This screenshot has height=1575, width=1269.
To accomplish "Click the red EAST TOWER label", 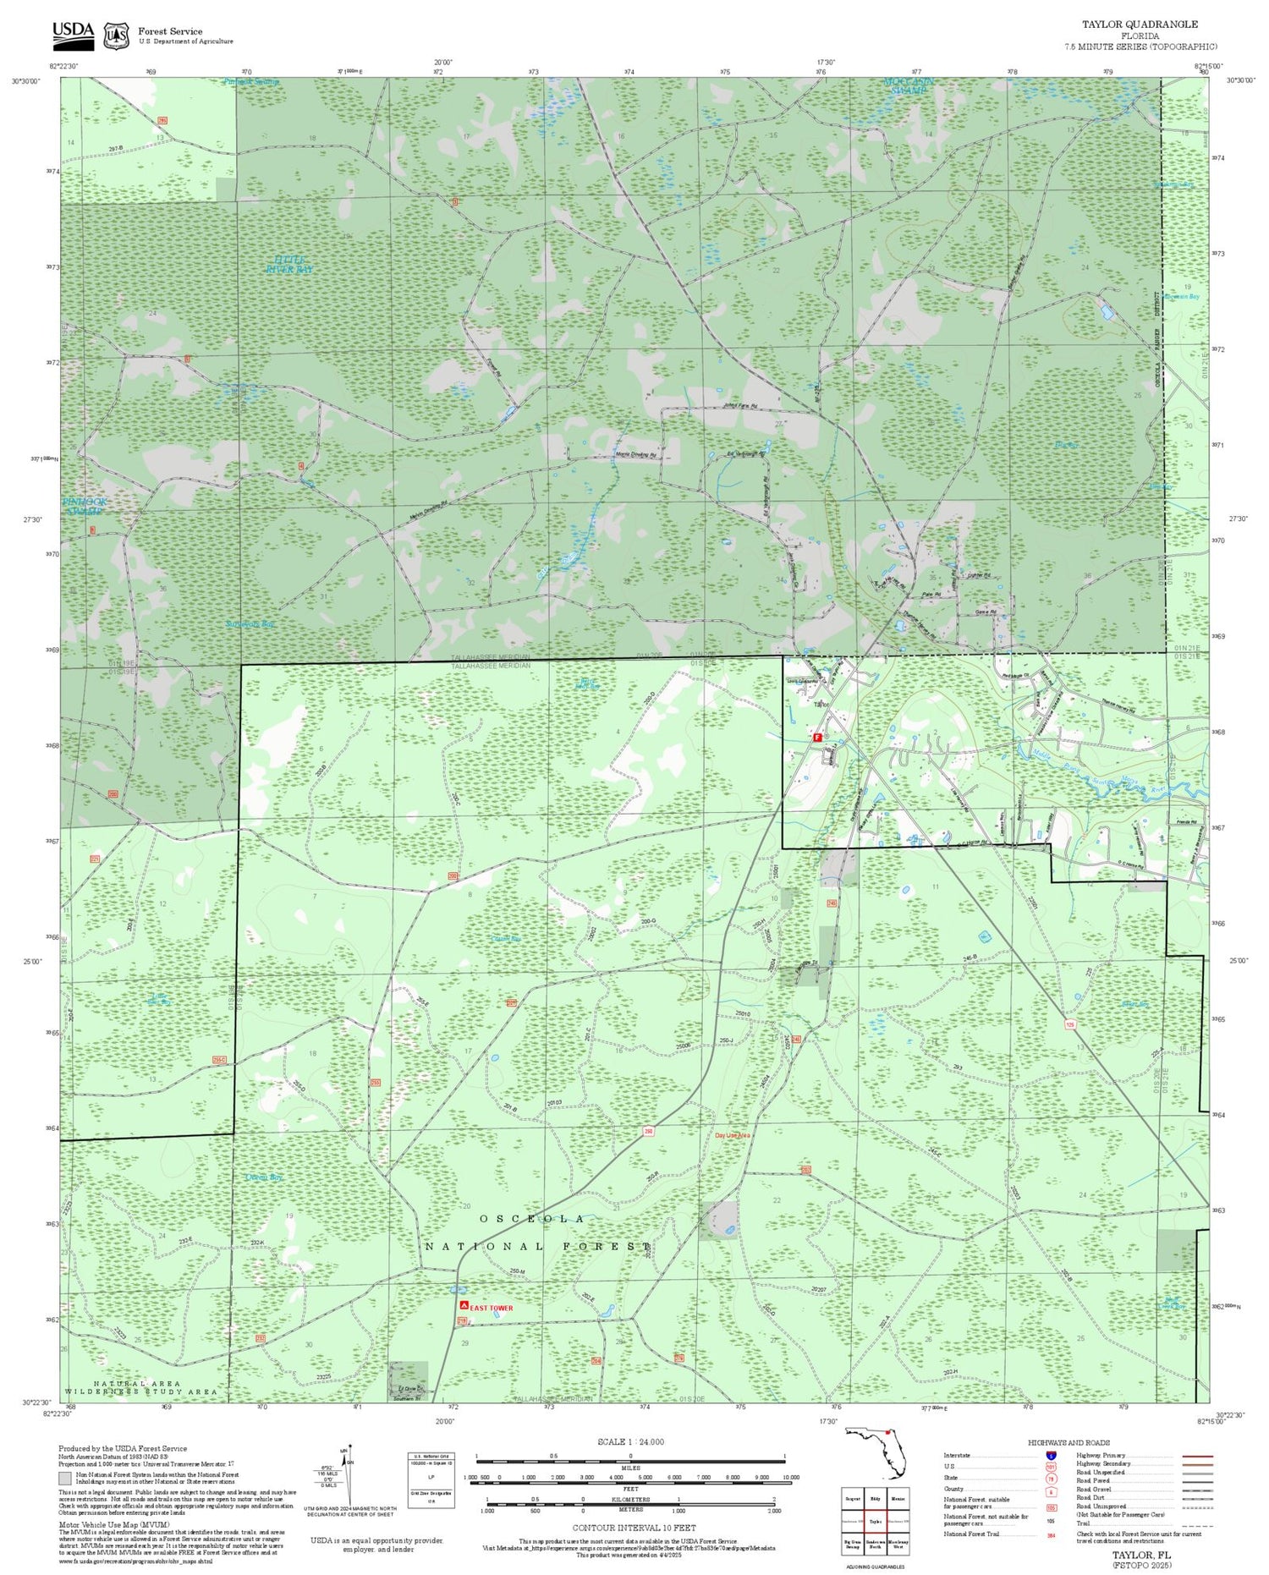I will pyautogui.click(x=492, y=1308).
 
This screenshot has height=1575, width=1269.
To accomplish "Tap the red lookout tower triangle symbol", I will pyautogui.click(x=464, y=1306).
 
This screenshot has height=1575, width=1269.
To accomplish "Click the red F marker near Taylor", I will pyautogui.click(x=816, y=737).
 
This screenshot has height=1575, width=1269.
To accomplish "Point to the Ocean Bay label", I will pyautogui.click(x=263, y=1177).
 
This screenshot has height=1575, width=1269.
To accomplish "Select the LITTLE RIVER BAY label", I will pyautogui.click(x=289, y=263).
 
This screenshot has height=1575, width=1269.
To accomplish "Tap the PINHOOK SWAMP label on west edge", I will pyautogui.click(x=85, y=506).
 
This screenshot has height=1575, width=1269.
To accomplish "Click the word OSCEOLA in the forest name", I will pyautogui.click(x=531, y=1218).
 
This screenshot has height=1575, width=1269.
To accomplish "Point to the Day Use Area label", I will pyautogui.click(x=733, y=1135).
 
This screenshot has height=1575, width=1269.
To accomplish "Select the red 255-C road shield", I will pyautogui.click(x=219, y=1059).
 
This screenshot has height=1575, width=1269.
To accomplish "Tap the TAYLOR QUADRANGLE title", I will pyautogui.click(x=1140, y=25).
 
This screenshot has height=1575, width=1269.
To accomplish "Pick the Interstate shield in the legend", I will pyautogui.click(x=1051, y=1455).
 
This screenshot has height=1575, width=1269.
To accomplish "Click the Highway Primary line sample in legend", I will pyautogui.click(x=1193, y=1456).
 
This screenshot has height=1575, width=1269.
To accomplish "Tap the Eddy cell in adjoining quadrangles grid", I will pyautogui.click(x=875, y=1498).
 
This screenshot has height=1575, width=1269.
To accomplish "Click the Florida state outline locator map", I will pyautogui.click(x=876, y=1452).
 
